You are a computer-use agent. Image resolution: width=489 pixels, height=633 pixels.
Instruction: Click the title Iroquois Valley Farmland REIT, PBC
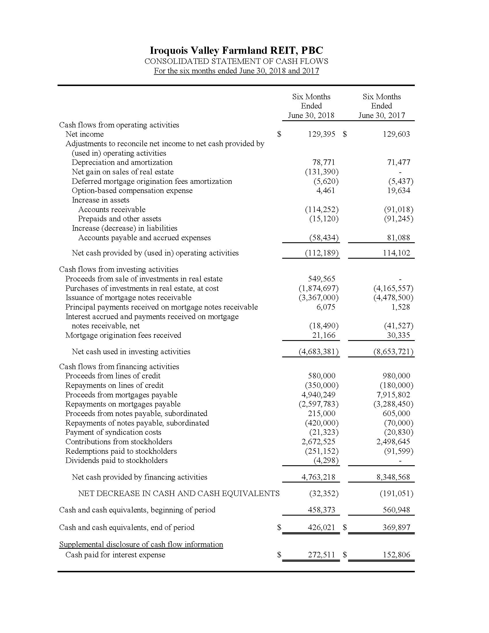tap(236, 50)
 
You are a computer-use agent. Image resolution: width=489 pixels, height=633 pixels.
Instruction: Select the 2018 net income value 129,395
tap(321, 134)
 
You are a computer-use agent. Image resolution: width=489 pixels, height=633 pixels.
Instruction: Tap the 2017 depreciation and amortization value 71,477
tap(399, 162)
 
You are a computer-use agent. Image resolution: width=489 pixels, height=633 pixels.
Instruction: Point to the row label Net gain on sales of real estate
tap(123, 172)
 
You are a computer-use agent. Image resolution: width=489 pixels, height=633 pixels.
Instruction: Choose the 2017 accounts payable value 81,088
tap(399, 238)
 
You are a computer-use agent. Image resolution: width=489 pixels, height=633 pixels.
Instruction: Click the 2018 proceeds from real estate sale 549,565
tap(321, 279)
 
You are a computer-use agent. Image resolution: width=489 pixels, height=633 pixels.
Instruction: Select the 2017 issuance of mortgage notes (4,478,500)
tap(393, 298)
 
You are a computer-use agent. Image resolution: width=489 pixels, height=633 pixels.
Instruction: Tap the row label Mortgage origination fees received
tap(123, 335)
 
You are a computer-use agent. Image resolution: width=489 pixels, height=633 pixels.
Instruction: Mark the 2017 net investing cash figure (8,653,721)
tap(393, 352)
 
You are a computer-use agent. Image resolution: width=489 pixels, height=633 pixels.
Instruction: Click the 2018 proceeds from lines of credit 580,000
tap(321, 376)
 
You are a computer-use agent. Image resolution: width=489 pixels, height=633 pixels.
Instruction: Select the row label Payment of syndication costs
tap(113, 432)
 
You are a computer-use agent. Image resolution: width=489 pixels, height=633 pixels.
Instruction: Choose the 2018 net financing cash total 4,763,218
tap(318, 477)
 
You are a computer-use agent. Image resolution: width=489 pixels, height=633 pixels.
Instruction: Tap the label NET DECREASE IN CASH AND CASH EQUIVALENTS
tap(179, 493)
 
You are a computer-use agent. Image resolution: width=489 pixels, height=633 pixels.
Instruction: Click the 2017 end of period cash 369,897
tap(396, 527)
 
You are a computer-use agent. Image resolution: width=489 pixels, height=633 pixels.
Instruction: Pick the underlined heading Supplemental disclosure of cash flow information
tap(141, 544)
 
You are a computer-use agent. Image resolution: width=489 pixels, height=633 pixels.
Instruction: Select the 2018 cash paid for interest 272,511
tap(321, 555)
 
